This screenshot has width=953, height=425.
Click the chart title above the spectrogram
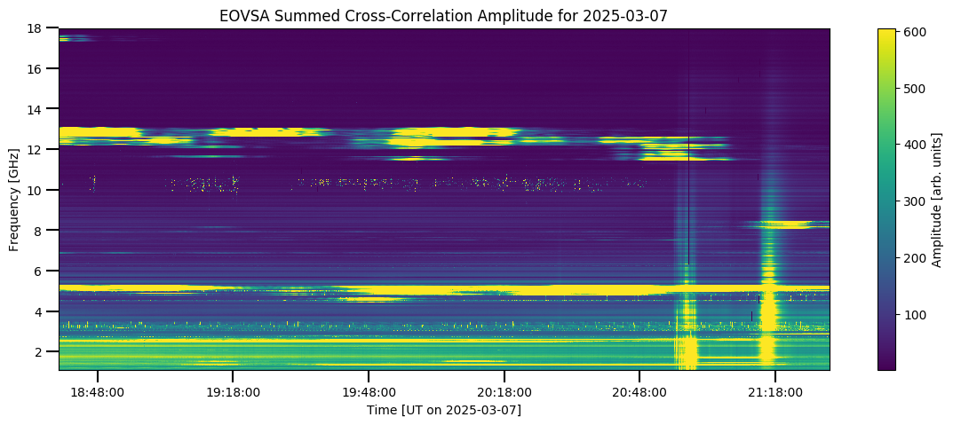[444, 16]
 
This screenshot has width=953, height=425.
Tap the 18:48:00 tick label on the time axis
[98, 392]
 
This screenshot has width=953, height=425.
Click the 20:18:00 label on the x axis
[504, 392]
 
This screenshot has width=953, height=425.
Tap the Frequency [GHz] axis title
[14, 199]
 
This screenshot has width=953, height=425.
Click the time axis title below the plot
[444, 411]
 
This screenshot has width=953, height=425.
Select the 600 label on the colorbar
[915, 33]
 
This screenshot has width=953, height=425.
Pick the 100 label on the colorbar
[915, 314]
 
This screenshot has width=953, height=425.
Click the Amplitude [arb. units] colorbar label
[937, 199]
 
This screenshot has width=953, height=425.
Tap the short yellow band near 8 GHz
[788, 224]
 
